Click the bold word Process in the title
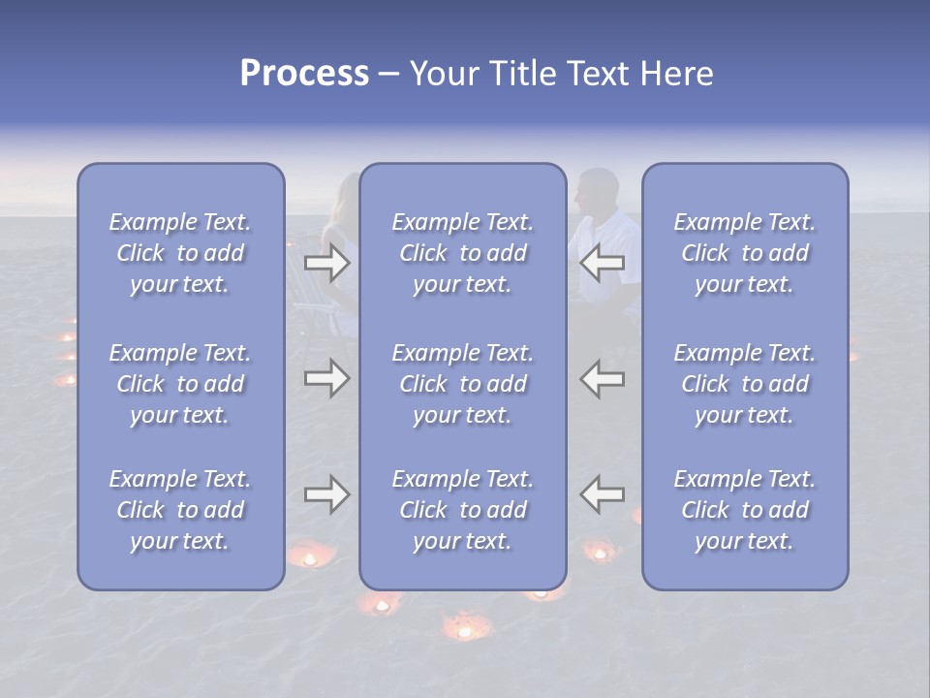[304, 74]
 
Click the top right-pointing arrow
[326, 263]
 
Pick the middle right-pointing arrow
[326, 378]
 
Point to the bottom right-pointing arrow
[326, 494]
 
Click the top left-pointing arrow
[603, 263]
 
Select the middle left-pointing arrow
[603, 378]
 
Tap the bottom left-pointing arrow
[603, 494]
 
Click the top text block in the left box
[180, 253]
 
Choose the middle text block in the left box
[180, 384]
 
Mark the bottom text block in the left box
[180, 510]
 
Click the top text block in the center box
[462, 253]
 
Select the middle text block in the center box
[462, 384]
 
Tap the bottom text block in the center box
[462, 510]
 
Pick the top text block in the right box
[744, 253]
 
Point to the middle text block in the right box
[744, 384]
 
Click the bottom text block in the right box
[744, 510]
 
